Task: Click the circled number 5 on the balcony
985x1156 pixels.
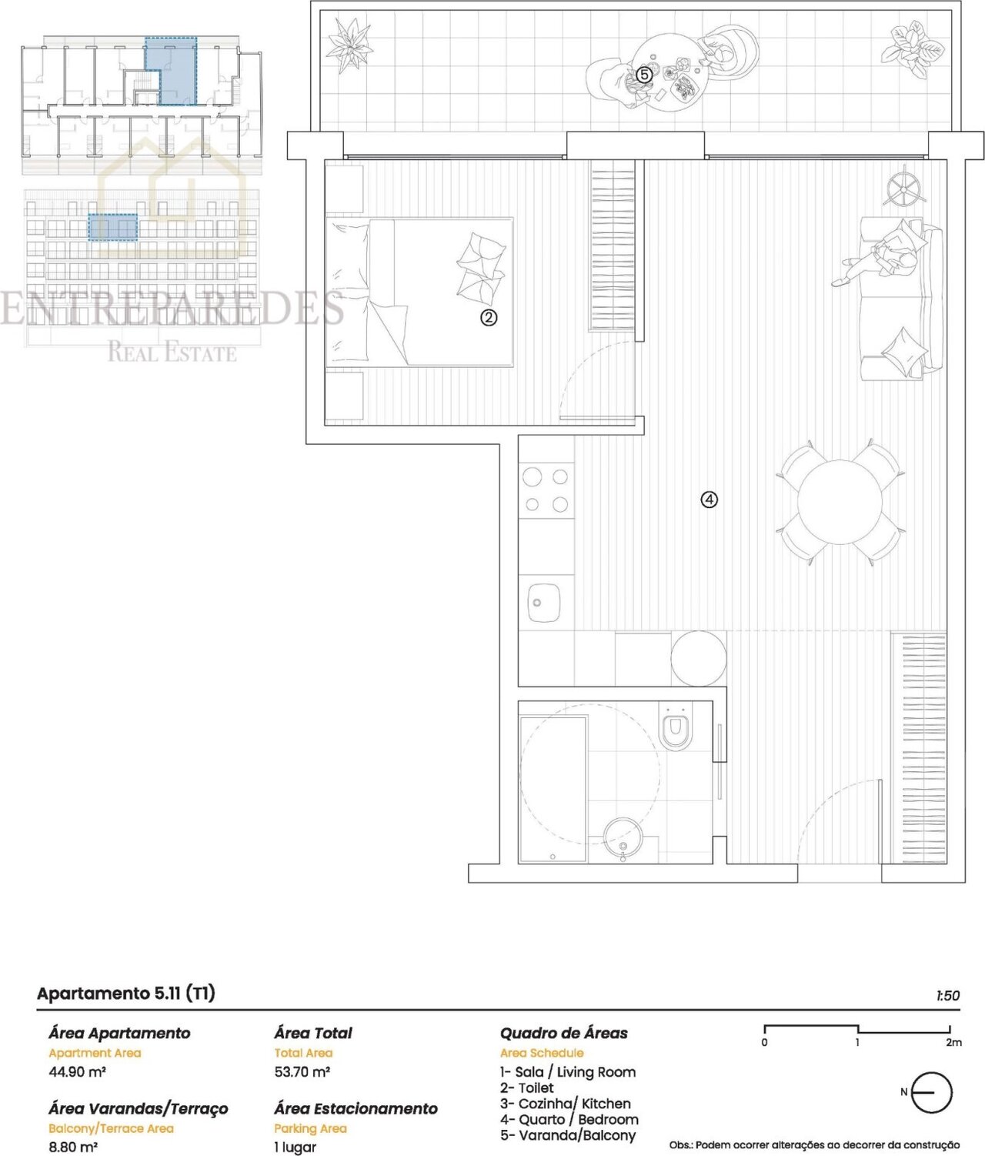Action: click(x=644, y=75)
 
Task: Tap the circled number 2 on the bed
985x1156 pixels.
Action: click(x=489, y=318)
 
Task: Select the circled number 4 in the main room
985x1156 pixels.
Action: click(x=709, y=499)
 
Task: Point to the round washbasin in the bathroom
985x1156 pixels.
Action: click(x=623, y=837)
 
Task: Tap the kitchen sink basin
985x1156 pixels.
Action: click(x=543, y=603)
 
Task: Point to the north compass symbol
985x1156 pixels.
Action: click(x=930, y=1108)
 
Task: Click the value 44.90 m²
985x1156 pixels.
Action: click(x=78, y=1071)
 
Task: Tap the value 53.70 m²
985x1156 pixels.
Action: click(x=302, y=1071)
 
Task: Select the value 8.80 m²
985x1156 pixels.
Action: click(x=73, y=1147)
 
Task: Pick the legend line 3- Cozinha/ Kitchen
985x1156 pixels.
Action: click(x=566, y=1104)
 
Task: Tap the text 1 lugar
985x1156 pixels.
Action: click(x=295, y=1148)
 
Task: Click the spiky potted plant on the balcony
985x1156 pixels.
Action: click(x=350, y=43)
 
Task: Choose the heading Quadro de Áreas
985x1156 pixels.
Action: click(x=564, y=1032)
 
